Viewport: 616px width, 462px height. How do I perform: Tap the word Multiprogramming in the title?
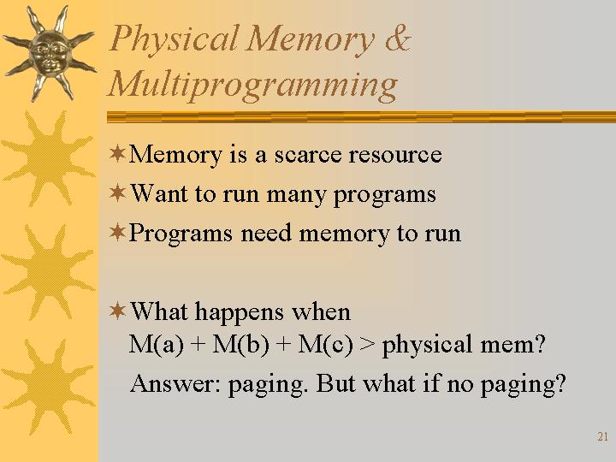[253, 86]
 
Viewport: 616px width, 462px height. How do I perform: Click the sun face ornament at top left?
[49, 53]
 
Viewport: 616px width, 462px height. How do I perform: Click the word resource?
[394, 154]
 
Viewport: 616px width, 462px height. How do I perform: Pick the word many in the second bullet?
[296, 196]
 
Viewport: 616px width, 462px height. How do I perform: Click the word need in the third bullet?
[266, 233]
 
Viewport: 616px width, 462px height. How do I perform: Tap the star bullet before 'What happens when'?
[117, 311]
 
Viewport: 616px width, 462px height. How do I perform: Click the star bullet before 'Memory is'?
[117, 153]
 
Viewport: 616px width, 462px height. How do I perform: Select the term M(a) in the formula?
[157, 345]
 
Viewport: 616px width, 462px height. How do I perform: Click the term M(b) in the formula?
[240, 345]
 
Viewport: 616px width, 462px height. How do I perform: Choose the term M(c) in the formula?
[325, 345]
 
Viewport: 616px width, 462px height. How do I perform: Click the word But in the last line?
[336, 382]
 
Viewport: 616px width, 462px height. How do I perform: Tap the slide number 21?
[602, 436]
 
